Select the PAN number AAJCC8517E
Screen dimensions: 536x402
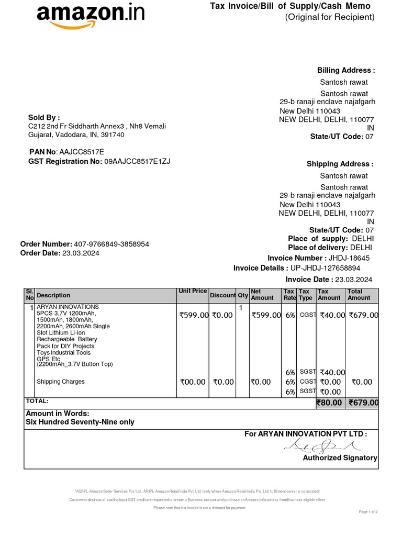click(x=82, y=151)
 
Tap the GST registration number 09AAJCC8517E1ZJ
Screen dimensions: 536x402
click(x=137, y=161)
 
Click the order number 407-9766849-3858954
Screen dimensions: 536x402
click(x=111, y=244)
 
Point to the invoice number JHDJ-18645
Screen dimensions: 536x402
click(x=349, y=258)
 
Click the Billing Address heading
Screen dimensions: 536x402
click(x=346, y=70)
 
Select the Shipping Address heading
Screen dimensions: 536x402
click(x=340, y=164)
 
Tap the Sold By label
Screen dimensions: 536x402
click(x=44, y=117)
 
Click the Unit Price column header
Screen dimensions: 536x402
click(x=193, y=291)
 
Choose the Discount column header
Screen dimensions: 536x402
click(x=222, y=295)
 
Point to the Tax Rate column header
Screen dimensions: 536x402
click(x=289, y=295)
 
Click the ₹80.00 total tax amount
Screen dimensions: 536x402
click(x=329, y=403)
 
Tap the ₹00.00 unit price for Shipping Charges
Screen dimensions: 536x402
click(x=193, y=382)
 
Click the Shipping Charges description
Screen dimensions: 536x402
click(x=60, y=382)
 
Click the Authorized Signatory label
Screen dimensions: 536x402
click(x=340, y=458)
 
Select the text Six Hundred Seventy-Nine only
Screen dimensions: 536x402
click(x=80, y=422)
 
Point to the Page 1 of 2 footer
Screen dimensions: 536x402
click(x=368, y=511)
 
